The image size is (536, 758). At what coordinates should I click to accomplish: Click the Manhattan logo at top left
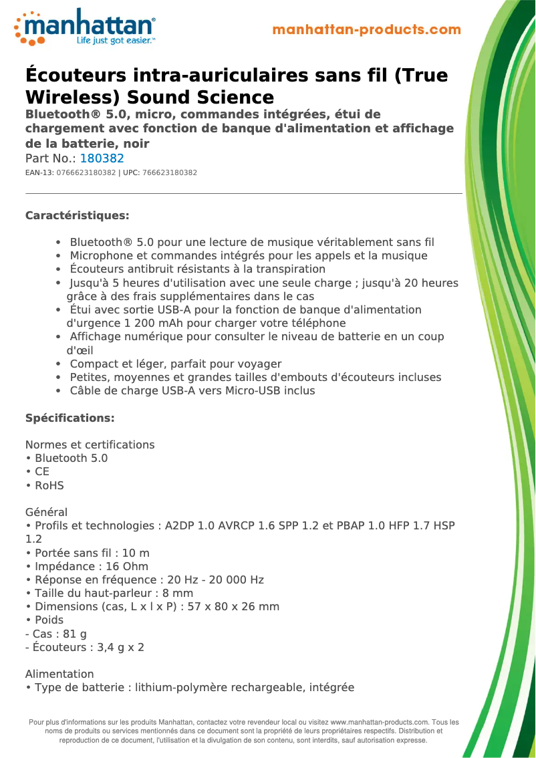(x=85, y=27)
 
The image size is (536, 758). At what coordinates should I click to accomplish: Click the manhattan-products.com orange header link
(x=367, y=29)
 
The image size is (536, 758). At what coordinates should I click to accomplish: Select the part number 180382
(x=102, y=158)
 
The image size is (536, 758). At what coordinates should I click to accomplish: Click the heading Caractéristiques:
(x=77, y=215)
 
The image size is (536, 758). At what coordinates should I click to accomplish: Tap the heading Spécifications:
(x=70, y=418)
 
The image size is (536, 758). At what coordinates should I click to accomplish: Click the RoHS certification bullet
(x=49, y=485)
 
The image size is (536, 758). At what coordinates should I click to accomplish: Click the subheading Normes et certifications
(x=90, y=445)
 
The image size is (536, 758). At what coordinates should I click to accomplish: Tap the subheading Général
(x=46, y=512)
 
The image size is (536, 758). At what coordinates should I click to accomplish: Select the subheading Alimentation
(x=59, y=674)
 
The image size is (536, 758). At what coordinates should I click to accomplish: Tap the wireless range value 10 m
(x=136, y=553)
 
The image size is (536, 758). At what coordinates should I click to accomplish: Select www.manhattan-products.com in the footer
(x=379, y=722)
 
